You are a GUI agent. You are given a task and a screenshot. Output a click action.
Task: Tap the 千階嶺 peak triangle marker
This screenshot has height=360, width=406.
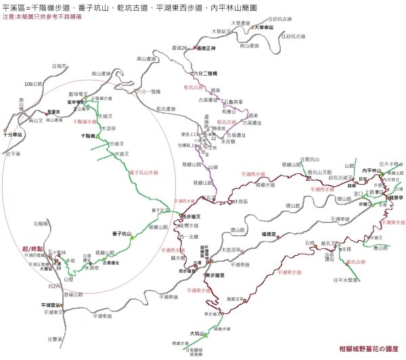click(97, 137)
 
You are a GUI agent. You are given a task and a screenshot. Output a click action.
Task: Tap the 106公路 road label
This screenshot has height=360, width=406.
click(33, 84)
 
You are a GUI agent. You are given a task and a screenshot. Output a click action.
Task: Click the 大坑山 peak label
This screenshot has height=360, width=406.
click(197, 333)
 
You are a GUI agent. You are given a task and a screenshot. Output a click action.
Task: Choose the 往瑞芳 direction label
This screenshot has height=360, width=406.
click(60, 65)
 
